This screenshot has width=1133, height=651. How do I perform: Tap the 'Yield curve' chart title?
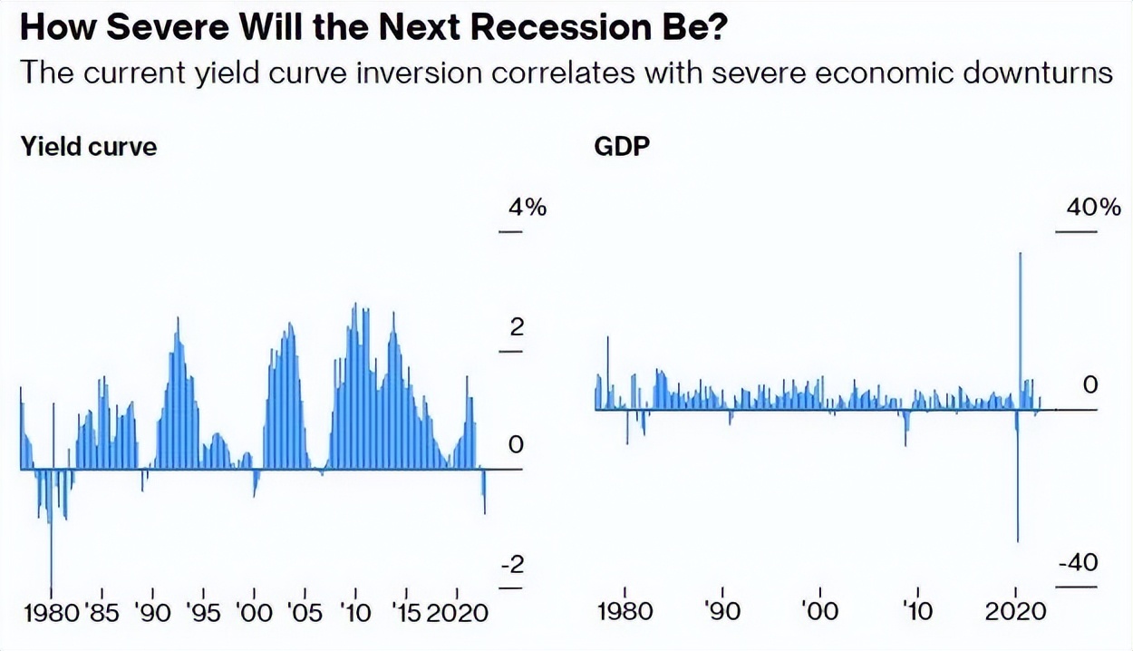[88, 146]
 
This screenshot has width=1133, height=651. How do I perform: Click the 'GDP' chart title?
[622, 146]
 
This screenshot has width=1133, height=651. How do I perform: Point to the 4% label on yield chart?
[526, 208]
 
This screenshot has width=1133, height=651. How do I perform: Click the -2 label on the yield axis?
[512, 565]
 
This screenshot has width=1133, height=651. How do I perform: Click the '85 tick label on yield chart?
[102, 613]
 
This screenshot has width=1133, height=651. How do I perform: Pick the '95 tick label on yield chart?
[203, 613]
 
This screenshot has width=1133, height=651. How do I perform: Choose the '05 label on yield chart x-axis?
[305, 613]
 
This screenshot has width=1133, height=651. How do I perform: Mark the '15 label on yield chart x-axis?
[405, 613]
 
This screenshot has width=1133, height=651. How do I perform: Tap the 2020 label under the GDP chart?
[1013, 610]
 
